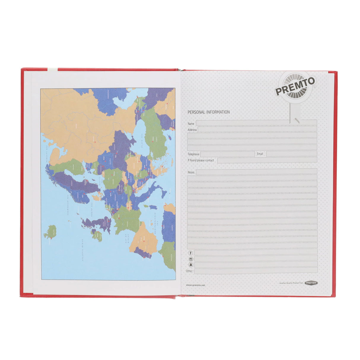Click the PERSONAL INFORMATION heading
(208, 112)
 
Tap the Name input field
(256, 123)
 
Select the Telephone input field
(227, 154)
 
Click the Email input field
(291, 154)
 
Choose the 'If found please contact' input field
(267, 160)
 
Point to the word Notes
(191, 172)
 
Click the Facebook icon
(191, 253)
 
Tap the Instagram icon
(191, 259)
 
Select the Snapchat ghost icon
(191, 265)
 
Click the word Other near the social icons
(189, 271)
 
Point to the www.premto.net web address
(195, 285)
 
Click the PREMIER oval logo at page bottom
(311, 283)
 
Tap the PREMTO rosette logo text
(295, 86)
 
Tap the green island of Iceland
(50, 232)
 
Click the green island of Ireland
(97, 235)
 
